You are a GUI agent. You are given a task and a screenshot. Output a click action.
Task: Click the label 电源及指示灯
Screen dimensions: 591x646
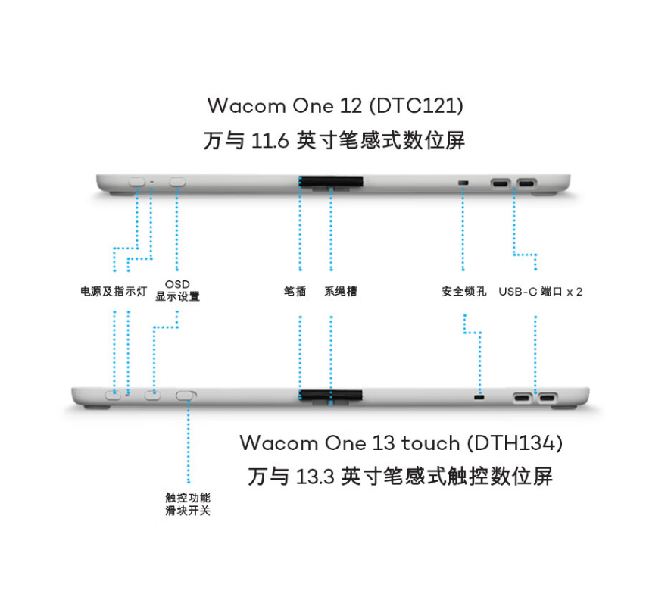pyautogui.click(x=114, y=291)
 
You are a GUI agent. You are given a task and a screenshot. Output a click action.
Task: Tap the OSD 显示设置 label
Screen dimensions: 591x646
pyautogui.click(x=177, y=291)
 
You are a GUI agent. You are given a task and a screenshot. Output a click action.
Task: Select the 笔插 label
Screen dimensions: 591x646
pyautogui.click(x=295, y=291)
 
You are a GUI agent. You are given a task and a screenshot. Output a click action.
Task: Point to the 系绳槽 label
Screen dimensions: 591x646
pyautogui.click(x=341, y=291)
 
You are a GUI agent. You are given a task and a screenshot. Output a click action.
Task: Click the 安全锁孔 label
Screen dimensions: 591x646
pyautogui.click(x=464, y=291)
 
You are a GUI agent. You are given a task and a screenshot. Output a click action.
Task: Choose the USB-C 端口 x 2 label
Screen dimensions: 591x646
pyautogui.click(x=540, y=291)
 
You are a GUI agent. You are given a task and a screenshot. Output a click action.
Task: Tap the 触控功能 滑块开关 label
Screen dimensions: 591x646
pyautogui.click(x=188, y=504)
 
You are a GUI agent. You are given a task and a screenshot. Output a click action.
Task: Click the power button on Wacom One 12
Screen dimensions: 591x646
pyautogui.click(x=137, y=182)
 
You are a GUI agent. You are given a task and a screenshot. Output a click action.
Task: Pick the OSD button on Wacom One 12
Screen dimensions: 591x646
pyautogui.click(x=178, y=182)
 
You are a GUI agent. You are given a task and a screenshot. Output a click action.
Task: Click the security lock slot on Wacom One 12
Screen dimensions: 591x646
pyautogui.click(x=463, y=183)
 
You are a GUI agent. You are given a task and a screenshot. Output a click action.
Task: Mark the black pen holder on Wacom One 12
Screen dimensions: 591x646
pyautogui.click(x=330, y=182)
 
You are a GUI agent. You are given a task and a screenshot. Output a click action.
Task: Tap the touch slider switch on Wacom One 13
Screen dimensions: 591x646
pyautogui.click(x=186, y=395)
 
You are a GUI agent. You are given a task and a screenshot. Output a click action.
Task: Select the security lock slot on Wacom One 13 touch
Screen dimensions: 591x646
pyautogui.click(x=479, y=396)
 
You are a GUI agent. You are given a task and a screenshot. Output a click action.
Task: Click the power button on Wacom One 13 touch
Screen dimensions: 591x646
pyautogui.click(x=114, y=394)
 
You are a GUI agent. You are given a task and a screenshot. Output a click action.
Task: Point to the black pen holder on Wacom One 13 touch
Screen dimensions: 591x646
pyautogui.click(x=330, y=395)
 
